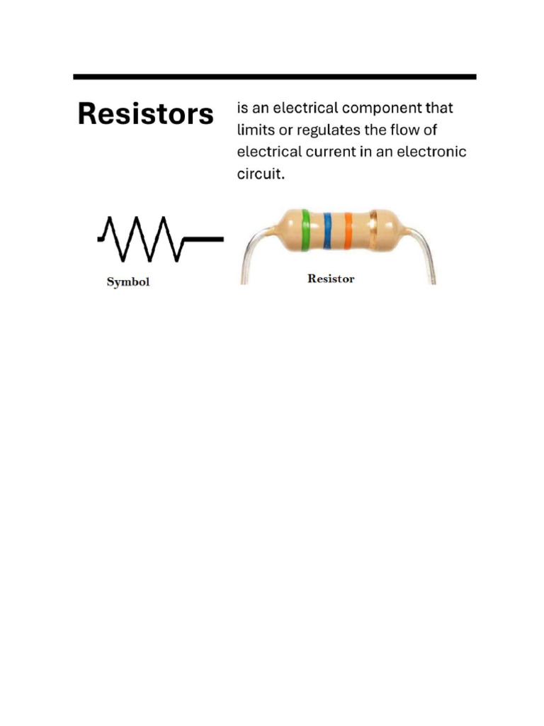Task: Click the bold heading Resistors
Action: point(145,114)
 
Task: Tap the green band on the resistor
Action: point(305,230)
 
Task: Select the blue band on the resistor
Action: point(327,230)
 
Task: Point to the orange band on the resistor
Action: point(348,230)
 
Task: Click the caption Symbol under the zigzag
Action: point(128,282)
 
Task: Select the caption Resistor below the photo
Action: point(331,279)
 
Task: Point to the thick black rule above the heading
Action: point(275,77)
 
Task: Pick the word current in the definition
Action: point(331,152)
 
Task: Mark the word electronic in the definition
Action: point(433,152)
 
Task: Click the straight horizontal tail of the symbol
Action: point(205,240)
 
